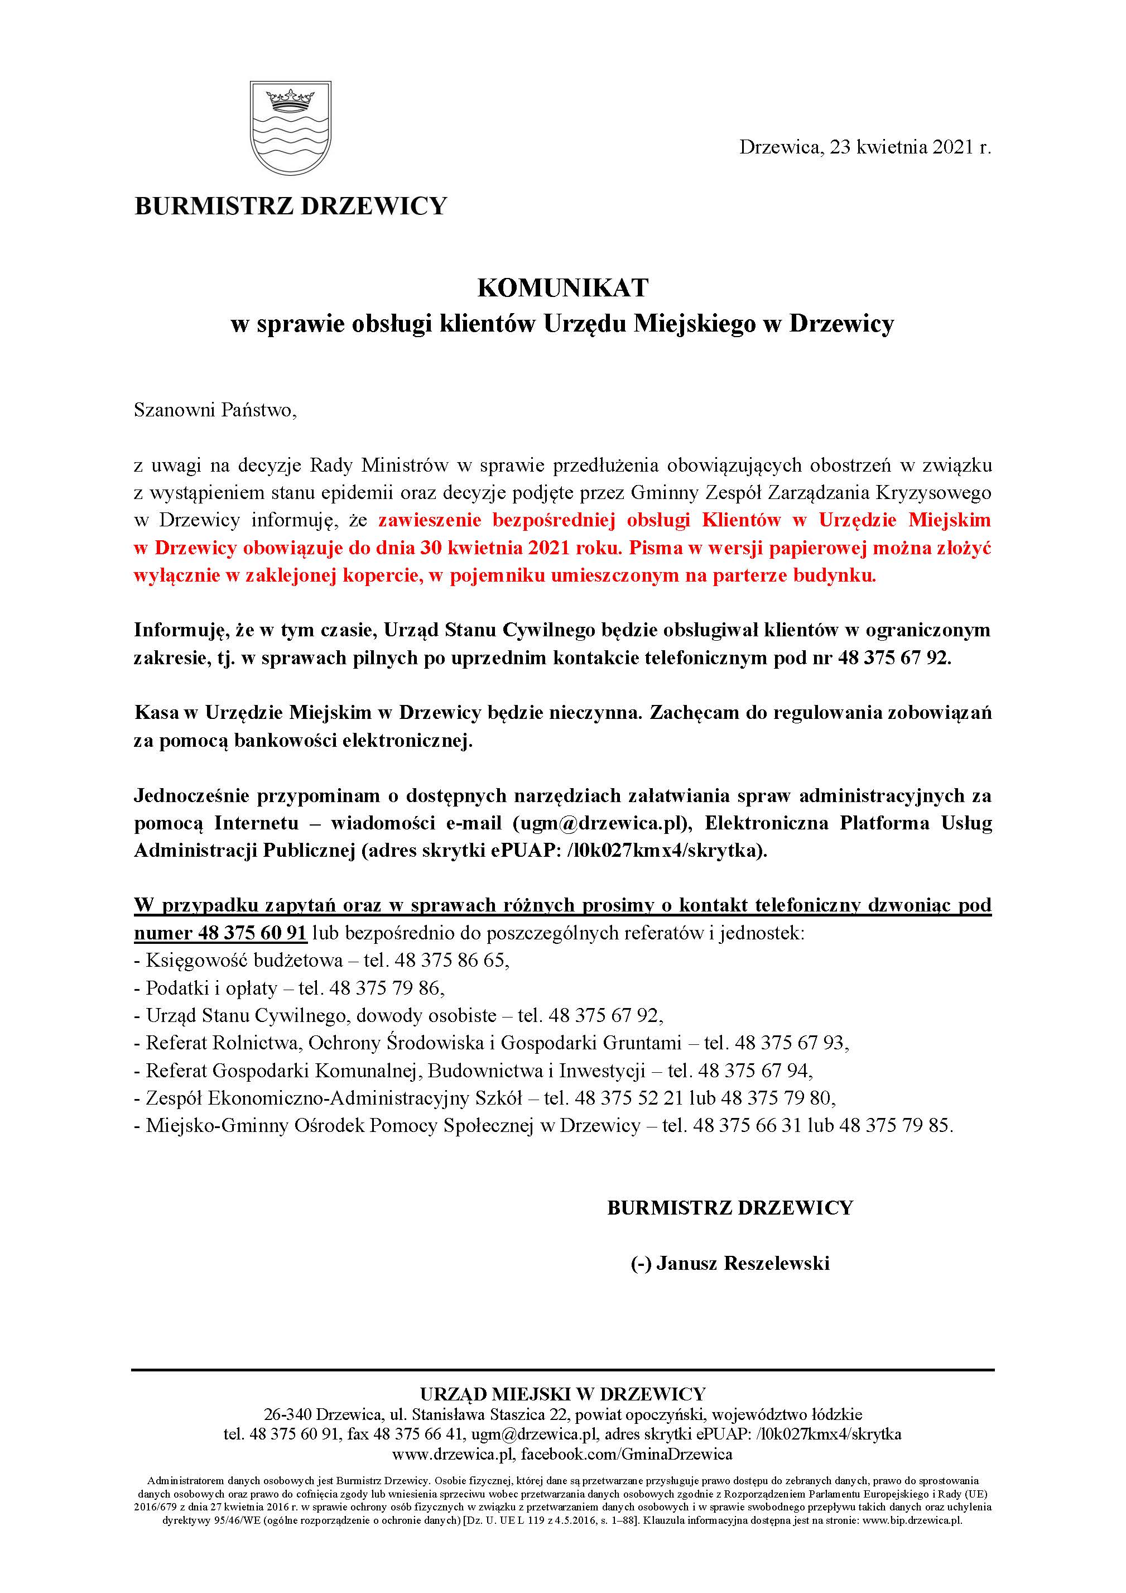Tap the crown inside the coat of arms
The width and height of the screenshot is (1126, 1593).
point(290,100)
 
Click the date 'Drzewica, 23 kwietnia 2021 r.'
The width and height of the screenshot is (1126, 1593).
point(864,147)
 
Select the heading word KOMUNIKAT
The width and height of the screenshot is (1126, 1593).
point(562,288)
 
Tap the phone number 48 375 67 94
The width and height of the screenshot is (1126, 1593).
point(754,1071)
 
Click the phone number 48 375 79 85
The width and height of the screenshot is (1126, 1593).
point(895,1125)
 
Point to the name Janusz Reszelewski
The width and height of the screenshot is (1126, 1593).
point(742,1264)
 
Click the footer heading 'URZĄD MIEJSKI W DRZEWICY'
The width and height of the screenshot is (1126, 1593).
point(562,1394)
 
